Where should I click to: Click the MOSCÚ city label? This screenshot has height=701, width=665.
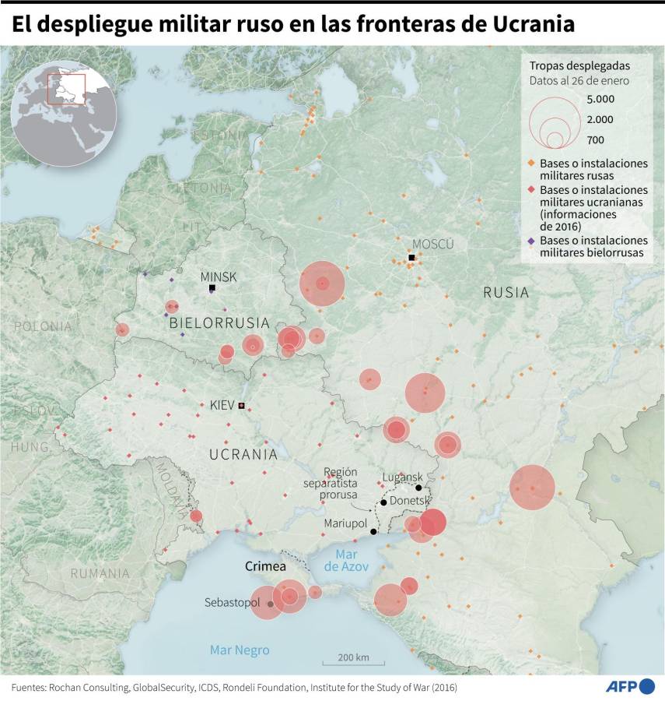[432, 244]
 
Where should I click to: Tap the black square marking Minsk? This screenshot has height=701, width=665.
[212, 288]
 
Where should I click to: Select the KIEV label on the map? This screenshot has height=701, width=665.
[222, 405]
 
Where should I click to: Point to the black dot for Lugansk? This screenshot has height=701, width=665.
[418, 488]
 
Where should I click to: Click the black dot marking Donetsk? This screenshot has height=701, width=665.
[383, 502]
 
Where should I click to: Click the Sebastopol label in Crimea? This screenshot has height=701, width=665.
[233, 602]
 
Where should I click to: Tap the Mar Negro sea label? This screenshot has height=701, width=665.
[240, 650]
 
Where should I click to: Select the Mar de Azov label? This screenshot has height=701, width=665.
[346, 560]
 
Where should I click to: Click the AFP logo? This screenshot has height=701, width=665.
[630, 686]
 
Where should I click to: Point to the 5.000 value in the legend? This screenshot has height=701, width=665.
[600, 99]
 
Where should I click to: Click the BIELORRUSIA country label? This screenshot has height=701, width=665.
[219, 322]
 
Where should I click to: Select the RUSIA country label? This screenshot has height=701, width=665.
[506, 293]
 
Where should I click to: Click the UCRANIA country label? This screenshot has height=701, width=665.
[243, 453]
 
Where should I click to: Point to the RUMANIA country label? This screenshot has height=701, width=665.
[100, 573]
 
